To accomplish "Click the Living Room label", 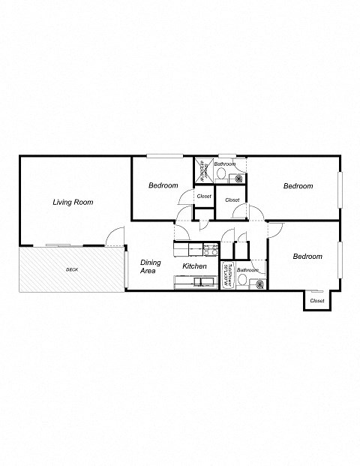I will click(x=73, y=202).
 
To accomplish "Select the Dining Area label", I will click(x=150, y=266).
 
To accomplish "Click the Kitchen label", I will click(x=195, y=266).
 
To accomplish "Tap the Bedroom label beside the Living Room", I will click(x=163, y=185).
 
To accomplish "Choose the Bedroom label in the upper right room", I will click(x=298, y=186).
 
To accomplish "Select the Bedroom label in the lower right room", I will click(x=307, y=257).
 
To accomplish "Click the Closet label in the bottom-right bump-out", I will click(x=317, y=301).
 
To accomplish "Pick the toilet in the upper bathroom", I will click(x=223, y=175).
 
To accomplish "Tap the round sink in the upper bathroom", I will click(x=237, y=179).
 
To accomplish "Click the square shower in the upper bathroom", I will click(x=202, y=170).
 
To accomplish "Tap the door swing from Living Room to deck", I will click(x=114, y=237).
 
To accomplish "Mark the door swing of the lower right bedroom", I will click(x=277, y=232).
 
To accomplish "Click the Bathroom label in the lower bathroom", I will click(x=248, y=270).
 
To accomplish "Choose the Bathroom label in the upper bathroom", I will click(x=224, y=164).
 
